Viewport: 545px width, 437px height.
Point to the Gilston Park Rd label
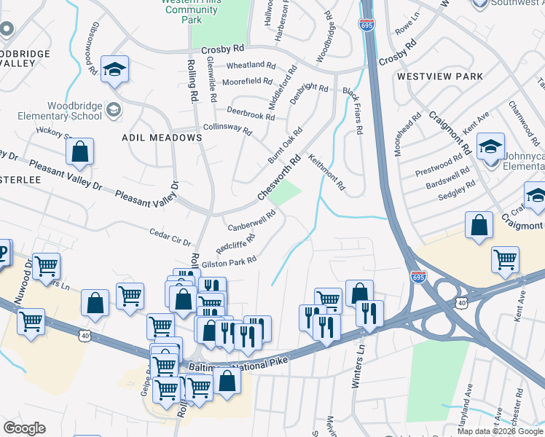click(x=229, y=261)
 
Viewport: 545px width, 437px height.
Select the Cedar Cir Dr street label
click(x=169, y=237)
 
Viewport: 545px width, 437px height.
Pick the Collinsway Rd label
click(x=227, y=128)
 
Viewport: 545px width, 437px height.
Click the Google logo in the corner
click(x=24, y=428)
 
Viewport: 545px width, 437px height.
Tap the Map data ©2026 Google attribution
click(x=499, y=431)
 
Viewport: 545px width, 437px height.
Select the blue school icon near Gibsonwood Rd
click(x=114, y=71)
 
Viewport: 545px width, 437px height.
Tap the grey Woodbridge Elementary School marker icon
click(x=113, y=109)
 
